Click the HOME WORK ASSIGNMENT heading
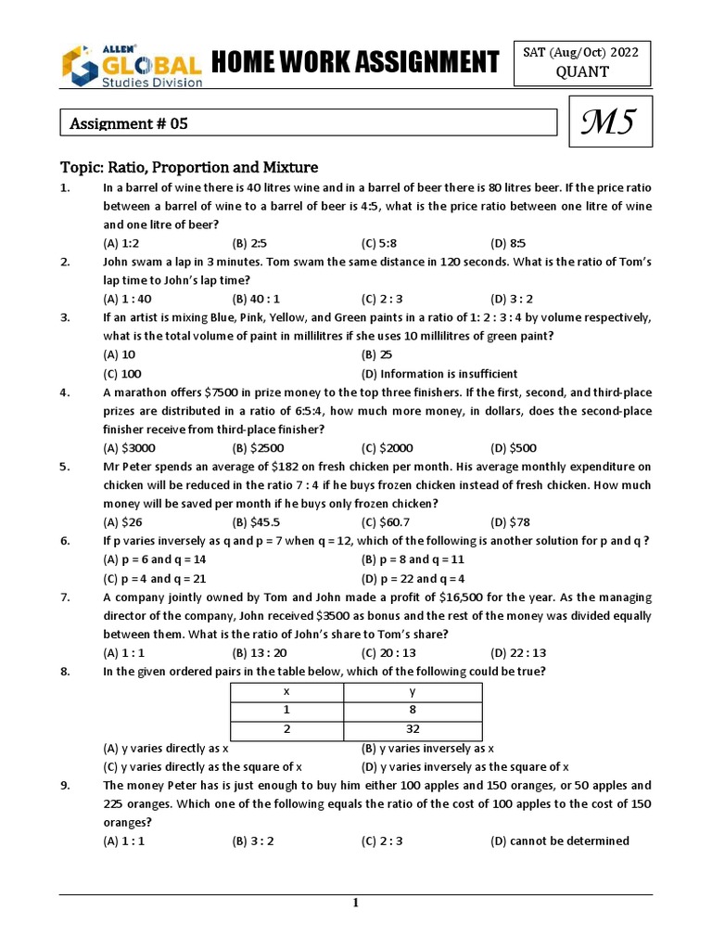click(x=355, y=63)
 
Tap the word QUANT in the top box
click(x=582, y=72)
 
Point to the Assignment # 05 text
click(x=130, y=122)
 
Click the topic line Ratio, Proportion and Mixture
click(x=189, y=167)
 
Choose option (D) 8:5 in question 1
click(x=511, y=243)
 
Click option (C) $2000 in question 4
click(x=384, y=447)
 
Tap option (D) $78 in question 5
click(x=511, y=521)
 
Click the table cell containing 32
click(x=413, y=728)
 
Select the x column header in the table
click(x=286, y=692)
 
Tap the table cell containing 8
click(x=413, y=711)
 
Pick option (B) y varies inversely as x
click(x=426, y=748)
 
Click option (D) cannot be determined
click(x=559, y=841)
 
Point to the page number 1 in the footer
click(x=355, y=904)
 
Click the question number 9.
click(x=66, y=785)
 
